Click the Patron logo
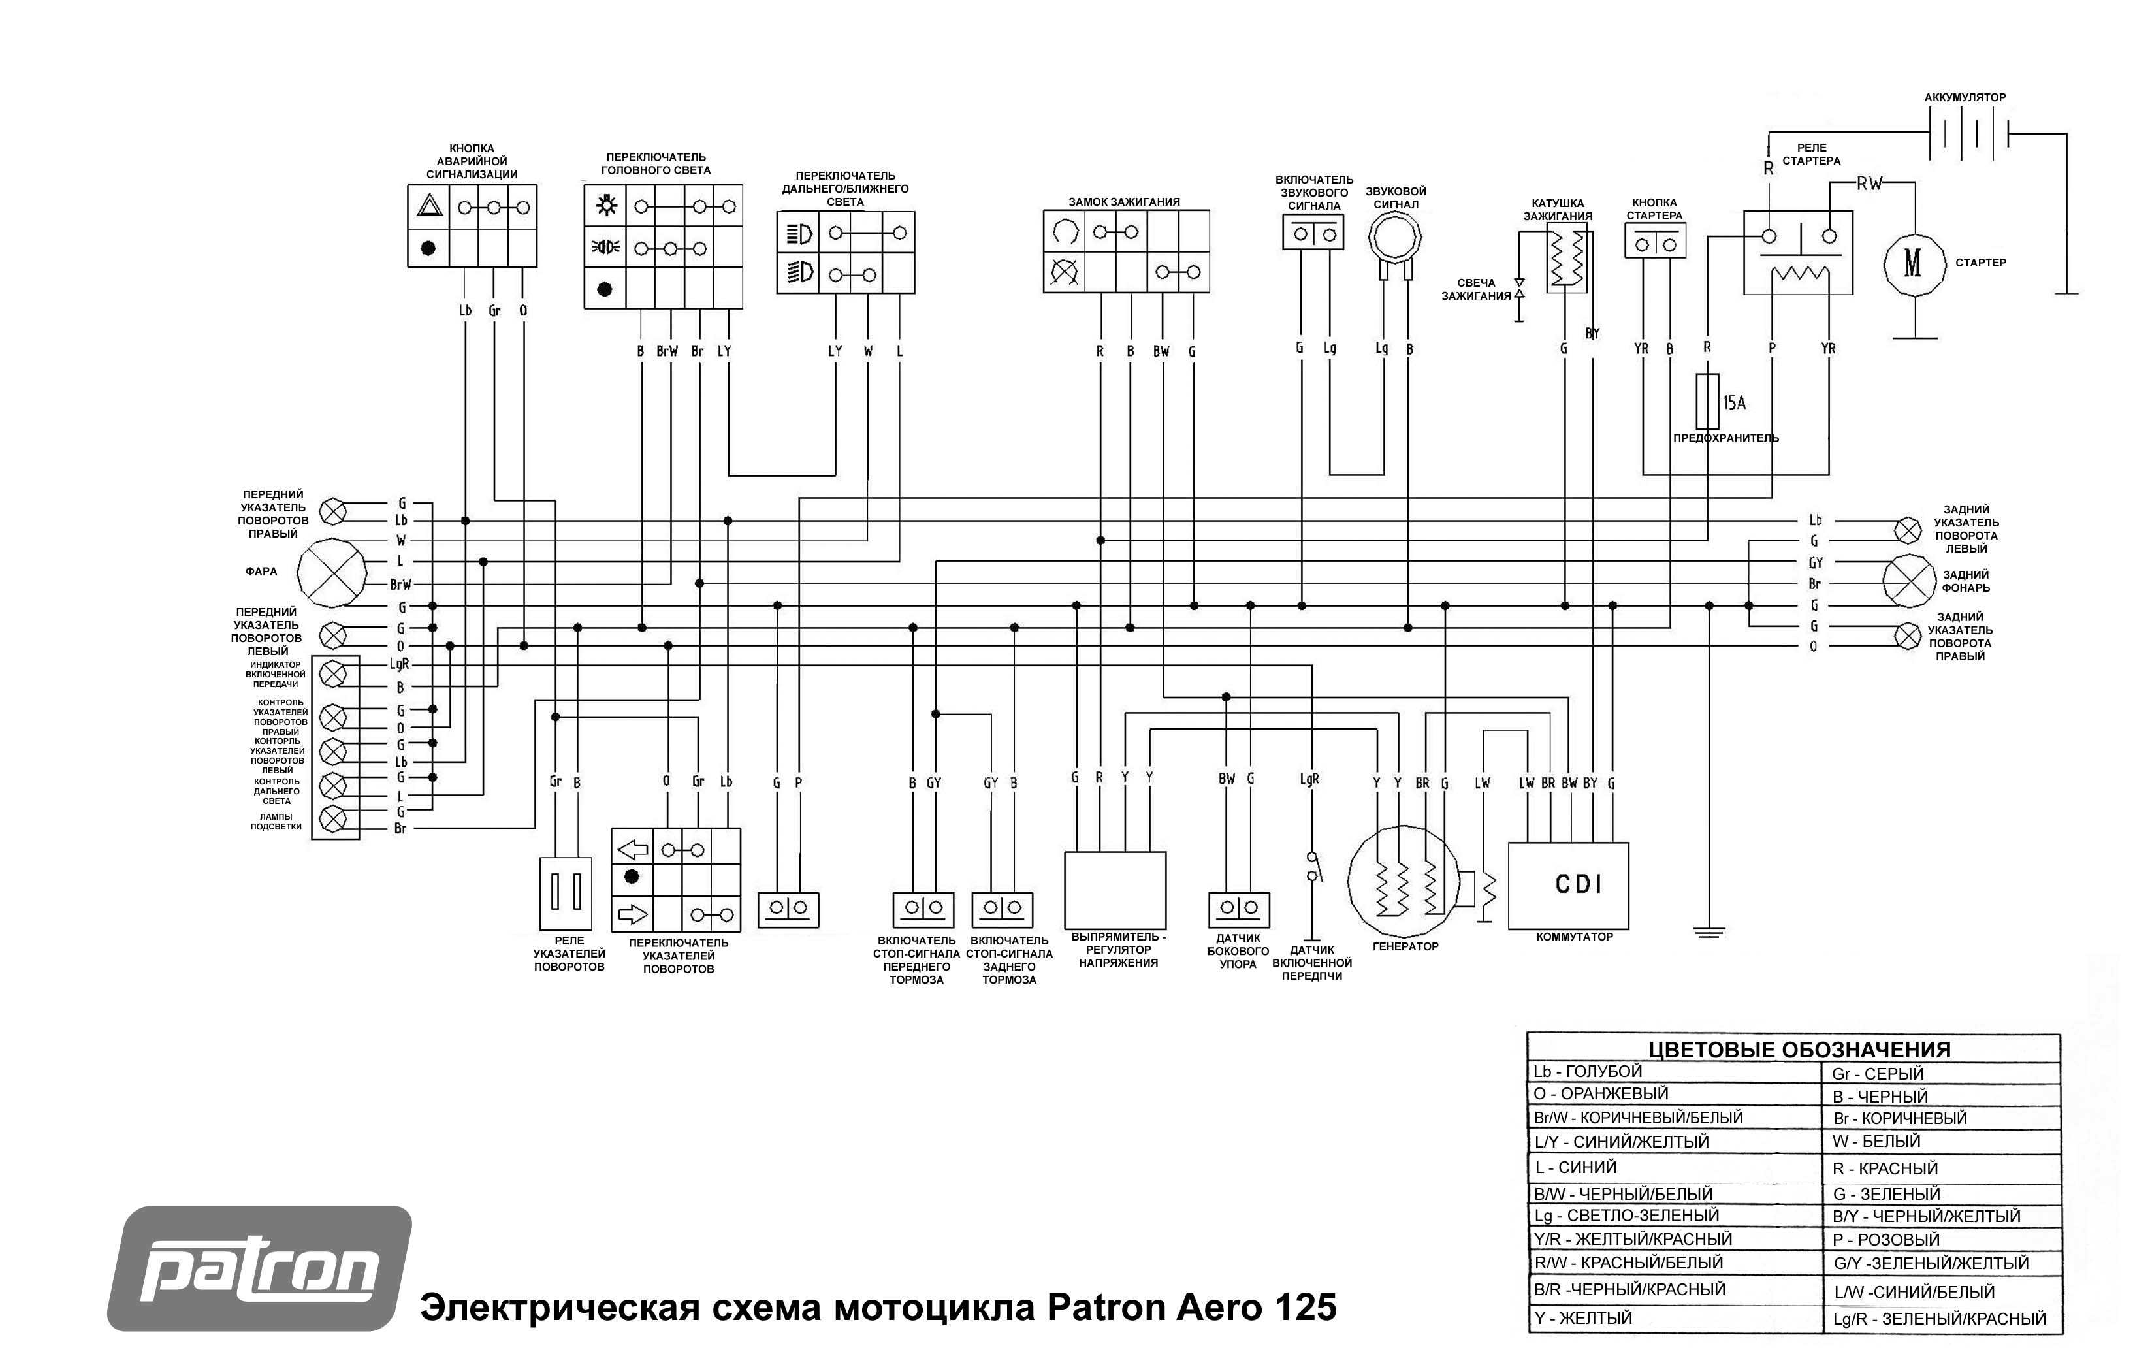(259, 1268)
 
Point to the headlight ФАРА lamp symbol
(331, 572)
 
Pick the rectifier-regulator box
(1115, 890)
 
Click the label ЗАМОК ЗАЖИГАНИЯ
(1124, 202)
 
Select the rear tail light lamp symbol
(1909, 581)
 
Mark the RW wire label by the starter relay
(1869, 184)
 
